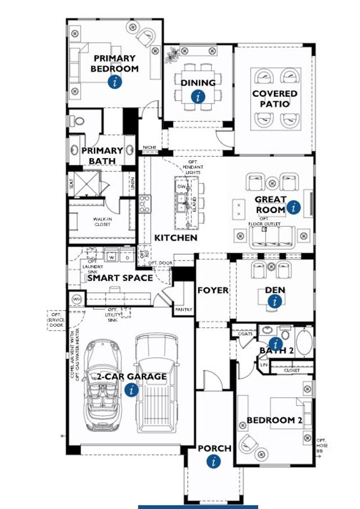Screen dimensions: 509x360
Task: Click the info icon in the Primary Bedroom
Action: point(115,82)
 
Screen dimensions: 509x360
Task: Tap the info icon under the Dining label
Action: point(198,97)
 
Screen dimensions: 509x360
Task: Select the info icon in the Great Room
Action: point(293,208)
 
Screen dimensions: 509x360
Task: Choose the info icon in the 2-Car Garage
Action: point(131,389)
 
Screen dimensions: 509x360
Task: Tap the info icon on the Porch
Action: point(213,462)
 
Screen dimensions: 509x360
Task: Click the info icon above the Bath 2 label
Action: point(275,343)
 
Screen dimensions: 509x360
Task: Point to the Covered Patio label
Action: point(274,99)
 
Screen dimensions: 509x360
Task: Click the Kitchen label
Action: point(175,238)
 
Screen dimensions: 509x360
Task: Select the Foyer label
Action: point(213,290)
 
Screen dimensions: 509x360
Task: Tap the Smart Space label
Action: point(119,278)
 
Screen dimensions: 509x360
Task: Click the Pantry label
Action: point(183,309)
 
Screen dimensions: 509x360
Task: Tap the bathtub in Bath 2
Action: point(304,343)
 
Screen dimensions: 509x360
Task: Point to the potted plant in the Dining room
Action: point(172,55)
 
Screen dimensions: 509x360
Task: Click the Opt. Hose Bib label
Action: point(321,445)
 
